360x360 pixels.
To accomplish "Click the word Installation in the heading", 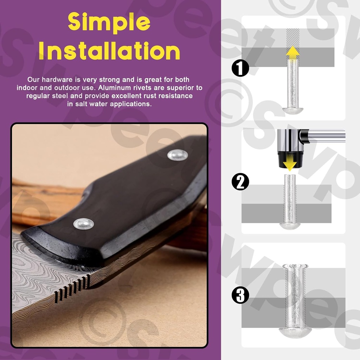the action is click(x=109, y=51).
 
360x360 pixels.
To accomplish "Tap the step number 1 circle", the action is click(x=240, y=68).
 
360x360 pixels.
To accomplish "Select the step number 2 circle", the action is click(x=240, y=182).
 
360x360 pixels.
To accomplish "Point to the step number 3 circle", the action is click(x=240, y=295).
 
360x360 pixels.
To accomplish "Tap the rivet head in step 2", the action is click(x=290, y=226).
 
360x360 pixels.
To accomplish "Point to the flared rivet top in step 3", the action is click(x=295, y=266).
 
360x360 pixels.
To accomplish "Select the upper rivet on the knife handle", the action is click(x=178, y=155).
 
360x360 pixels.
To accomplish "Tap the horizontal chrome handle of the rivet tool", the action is click(x=326, y=136).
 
